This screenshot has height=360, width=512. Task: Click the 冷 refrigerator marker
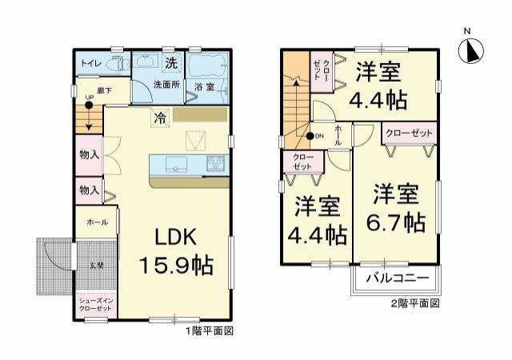click(x=160, y=116)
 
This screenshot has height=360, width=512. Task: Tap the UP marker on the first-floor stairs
click(x=90, y=98)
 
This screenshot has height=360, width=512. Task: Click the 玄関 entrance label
click(x=95, y=265)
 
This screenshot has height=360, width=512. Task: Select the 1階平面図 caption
click(x=209, y=330)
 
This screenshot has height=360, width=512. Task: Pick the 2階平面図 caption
click(x=414, y=303)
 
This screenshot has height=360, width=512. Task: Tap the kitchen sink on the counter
click(x=176, y=164)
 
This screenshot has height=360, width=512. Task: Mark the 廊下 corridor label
click(x=103, y=90)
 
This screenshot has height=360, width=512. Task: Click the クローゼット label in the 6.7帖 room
click(x=410, y=132)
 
